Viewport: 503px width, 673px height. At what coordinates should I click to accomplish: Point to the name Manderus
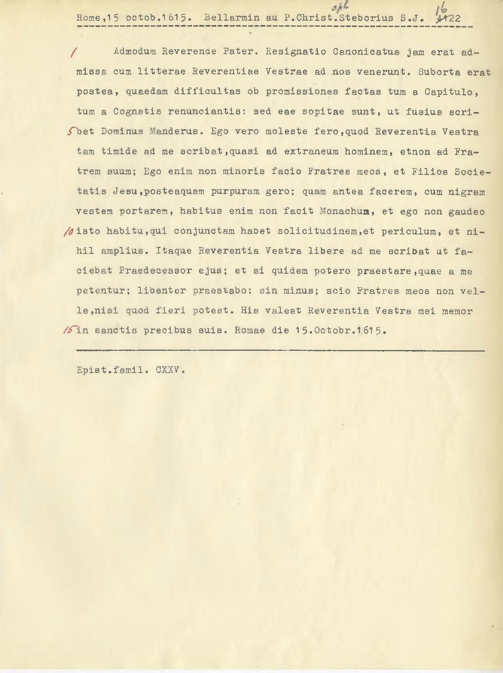175,132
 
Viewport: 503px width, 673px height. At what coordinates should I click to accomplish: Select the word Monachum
345,211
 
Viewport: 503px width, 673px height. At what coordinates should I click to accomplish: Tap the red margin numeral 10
69,231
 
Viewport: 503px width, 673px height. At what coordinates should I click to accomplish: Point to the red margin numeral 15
69,330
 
